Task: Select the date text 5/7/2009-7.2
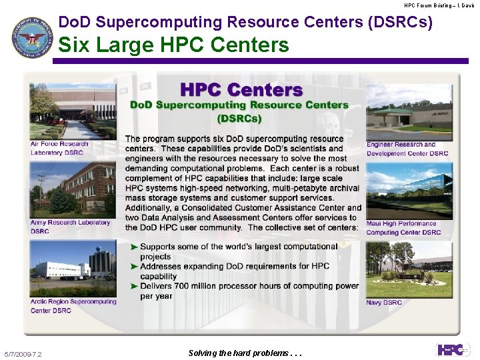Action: (23, 354)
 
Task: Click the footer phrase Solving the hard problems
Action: (245, 353)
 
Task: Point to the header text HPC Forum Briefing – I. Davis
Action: (439, 5)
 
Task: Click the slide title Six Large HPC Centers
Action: (174, 45)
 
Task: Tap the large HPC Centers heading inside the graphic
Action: (241, 89)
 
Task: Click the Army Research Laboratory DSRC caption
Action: (70, 227)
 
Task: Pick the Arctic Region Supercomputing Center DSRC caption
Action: (73, 305)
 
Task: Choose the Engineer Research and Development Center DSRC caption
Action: (407, 149)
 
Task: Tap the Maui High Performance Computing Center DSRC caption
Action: (403, 228)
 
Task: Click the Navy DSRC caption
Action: (384, 303)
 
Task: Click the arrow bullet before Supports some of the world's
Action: (134, 247)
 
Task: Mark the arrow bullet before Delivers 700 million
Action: (134, 286)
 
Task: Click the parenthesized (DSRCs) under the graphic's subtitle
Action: (239, 119)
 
